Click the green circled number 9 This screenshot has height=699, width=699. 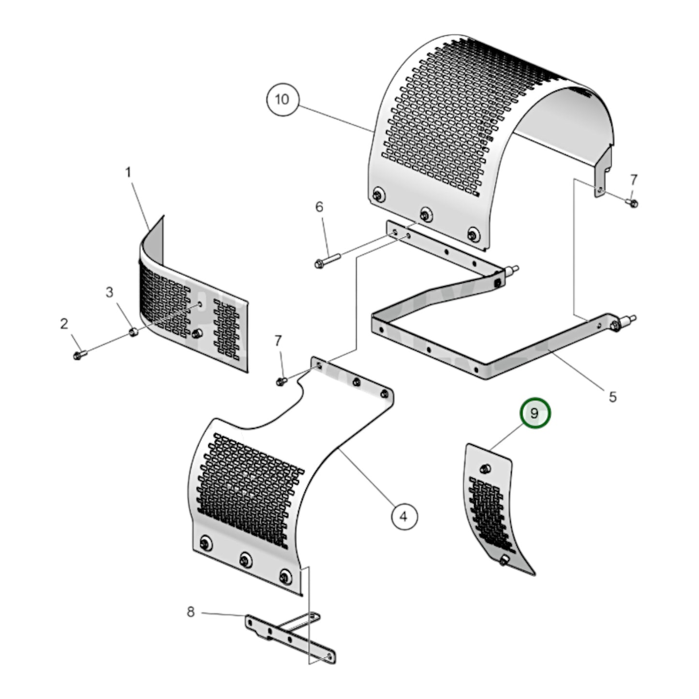(535, 414)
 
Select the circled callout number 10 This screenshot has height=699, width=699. (282, 100)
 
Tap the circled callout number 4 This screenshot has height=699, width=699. (404, 517)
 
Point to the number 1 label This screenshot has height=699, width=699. (128, 173)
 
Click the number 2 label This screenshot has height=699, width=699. (64, 324)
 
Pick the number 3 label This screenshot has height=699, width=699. (109, 292)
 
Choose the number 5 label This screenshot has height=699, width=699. (612, 397)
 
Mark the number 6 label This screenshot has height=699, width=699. (319, 207)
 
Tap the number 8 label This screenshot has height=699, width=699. (191, 612)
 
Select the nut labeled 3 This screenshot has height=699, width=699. (133, 332)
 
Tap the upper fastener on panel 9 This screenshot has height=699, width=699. (486, 468)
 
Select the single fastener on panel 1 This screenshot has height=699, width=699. (197, 333)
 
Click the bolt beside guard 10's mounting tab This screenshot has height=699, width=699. (633, 203)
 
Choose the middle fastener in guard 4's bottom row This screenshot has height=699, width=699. (245, 560)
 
